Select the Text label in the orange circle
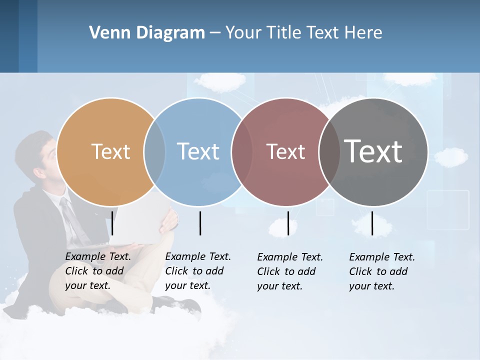tap(110, 151)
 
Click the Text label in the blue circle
tap(198, 151)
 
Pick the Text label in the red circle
tap(285, 151)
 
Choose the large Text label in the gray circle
tap(373, 151)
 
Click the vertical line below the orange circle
tap(112, 223)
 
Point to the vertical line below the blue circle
tap(200, 223)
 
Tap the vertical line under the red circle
tap(288, 223)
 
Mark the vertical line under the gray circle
tap(372, 223)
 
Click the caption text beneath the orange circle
tap(97, 271)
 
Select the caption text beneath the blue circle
tap(197, 271)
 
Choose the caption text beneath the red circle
tap(289, 271)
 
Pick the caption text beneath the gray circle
tap(381, 271)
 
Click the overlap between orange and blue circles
tap(154, 152)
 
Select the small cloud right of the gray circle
tap(450, 156)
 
